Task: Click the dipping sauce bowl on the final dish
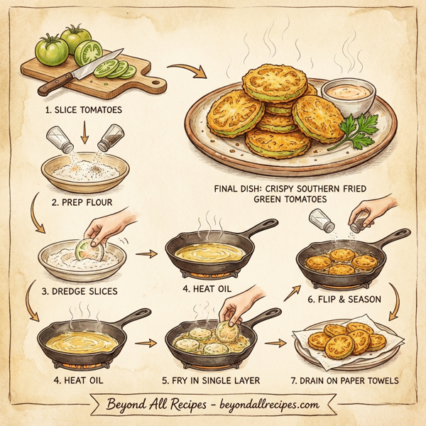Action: tap(348, 95)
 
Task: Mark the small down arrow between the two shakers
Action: tap(84, 133)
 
